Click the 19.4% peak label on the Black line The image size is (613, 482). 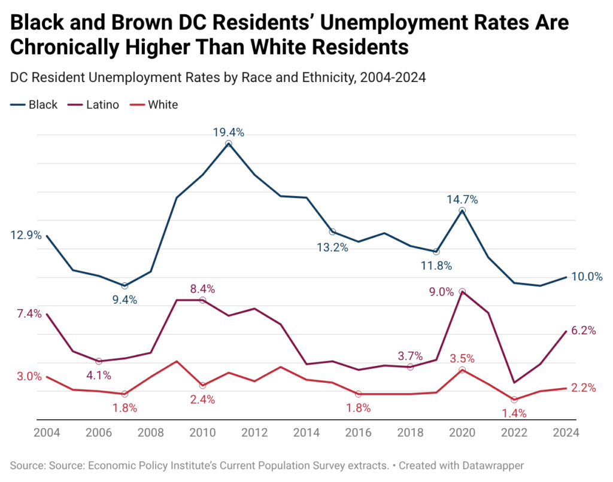228,133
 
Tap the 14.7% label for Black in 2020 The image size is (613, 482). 462,200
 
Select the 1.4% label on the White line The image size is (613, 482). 513,413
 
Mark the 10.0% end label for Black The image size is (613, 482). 586,276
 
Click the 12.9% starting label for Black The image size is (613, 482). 26,236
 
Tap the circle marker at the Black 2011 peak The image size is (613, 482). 228,144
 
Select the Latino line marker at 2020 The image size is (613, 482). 462,292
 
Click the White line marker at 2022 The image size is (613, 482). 514,399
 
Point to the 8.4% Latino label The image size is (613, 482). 202,289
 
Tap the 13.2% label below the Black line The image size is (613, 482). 332,247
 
